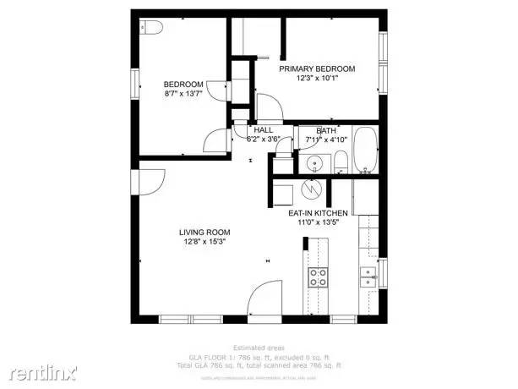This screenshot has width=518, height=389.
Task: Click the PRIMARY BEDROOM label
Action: coord(318,68)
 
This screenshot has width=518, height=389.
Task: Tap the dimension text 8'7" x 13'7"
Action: coord(183,94)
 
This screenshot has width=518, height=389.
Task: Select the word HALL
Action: coord(252,129)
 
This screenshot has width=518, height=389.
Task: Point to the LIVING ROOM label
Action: coord(204,232)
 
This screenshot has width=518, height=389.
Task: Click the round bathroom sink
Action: coord(314,162)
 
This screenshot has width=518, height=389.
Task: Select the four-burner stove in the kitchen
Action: coord(318,278)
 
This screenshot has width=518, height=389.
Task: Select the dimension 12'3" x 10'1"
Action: coord(318,78)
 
